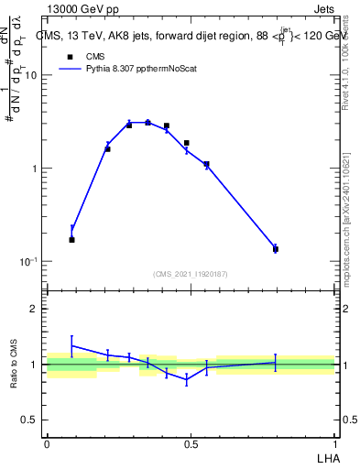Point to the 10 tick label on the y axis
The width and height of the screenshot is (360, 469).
(x=30, y=76)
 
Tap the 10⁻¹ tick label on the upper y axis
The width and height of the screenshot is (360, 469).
(x=27, y=262)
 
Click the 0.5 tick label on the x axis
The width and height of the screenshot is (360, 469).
(x=191, y=443)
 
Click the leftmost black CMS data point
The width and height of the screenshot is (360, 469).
(x=72, y=239)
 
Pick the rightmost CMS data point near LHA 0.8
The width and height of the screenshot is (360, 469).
(x=276, y=249)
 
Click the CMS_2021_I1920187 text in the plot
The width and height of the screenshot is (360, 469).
(x=190, y=273)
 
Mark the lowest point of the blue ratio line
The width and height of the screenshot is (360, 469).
(x=187, y=379)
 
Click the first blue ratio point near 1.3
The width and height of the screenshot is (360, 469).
(x=72, y=346)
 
